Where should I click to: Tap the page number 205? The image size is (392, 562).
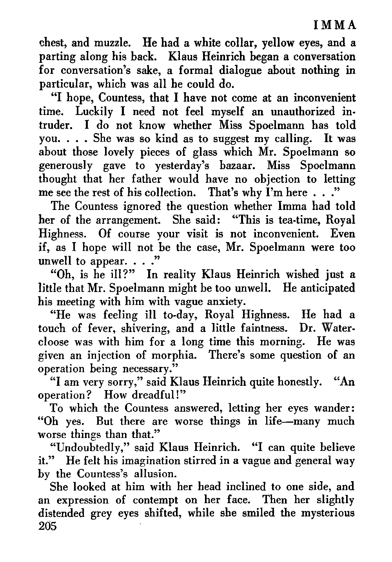click(x=48, y=526)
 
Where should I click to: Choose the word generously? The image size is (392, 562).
click(x=65, y=166)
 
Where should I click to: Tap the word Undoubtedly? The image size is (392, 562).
click(x=78, y=447)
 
